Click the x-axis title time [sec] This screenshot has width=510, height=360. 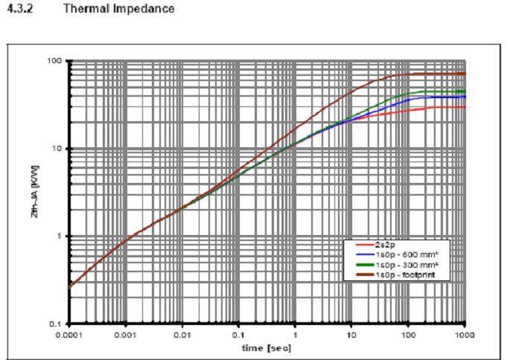pyautogui.click(x=267, y=346)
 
